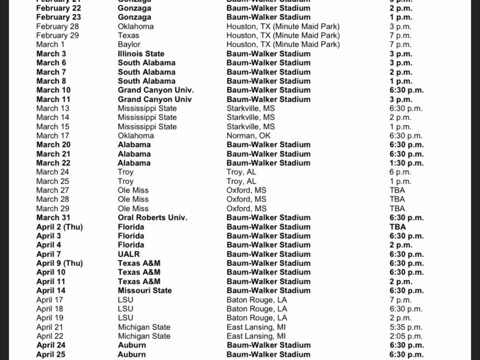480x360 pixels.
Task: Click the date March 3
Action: pos(51,53)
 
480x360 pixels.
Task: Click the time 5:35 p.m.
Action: pos(406,327)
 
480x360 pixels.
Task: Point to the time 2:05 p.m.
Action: pos(406,336)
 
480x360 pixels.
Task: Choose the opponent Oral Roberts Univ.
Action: pos(152,217)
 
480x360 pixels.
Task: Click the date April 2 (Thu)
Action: pos(59,226)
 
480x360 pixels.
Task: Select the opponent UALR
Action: pos(129,254)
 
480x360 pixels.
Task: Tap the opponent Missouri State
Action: pos(145,290)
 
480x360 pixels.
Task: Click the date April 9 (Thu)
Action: pos(59,263)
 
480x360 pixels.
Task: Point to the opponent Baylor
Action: pos(129,44)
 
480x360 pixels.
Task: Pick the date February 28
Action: pos(57,26)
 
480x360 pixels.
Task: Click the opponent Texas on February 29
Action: pos(128,35)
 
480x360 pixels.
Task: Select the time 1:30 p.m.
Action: pos(406,163)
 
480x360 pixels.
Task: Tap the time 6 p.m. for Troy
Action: pos(400,172)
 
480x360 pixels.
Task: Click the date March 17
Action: pos(53,135)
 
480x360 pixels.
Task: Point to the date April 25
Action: pos(51,354)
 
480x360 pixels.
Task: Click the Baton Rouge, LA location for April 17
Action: pos(256,299)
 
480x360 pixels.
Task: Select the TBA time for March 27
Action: pos(397,190)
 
